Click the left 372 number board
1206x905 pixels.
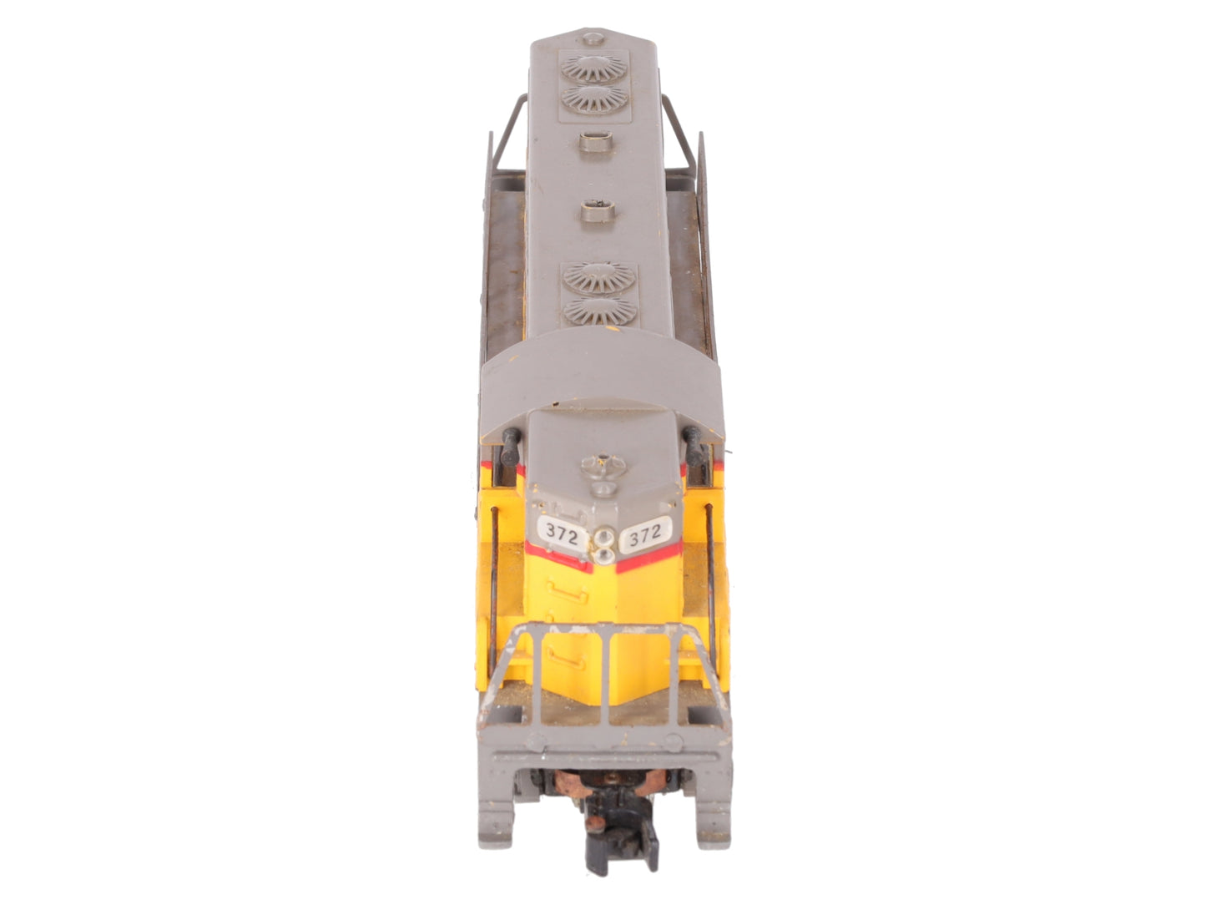tap(561, 533)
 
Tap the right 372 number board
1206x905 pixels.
tap(644, 533)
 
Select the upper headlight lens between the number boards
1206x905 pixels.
tap(604, 534)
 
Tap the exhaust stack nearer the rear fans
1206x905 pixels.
tap(596, 142)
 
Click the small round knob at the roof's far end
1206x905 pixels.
tap(593, 38)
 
